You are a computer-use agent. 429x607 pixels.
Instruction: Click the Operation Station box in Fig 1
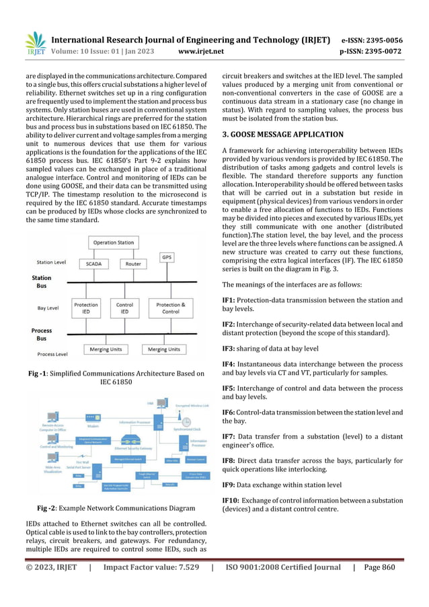[x=113, y=242]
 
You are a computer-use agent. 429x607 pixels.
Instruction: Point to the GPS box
[x=167, y=256]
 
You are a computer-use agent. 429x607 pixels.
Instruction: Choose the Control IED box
[x=124, y=308]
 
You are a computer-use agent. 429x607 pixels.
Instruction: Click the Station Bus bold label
[x=42, y=281]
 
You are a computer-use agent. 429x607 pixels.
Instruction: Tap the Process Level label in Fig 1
[x=52, y=354]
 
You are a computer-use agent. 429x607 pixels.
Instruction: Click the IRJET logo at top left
[x=35, y=44]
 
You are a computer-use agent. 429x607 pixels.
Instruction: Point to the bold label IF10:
[x=231, y=500]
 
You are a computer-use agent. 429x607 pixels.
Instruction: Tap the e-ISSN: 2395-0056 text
[x=381, y=40]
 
